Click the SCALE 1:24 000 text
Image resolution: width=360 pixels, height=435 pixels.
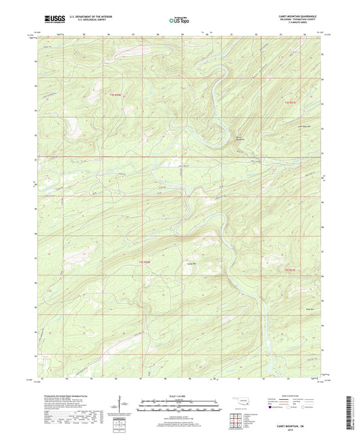(179, 395)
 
